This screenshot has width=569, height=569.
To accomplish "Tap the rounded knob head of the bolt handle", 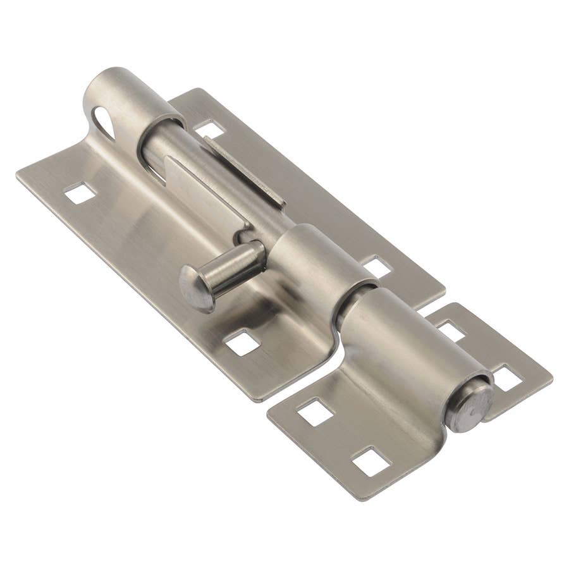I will pyautogui.click(x=195, y=288).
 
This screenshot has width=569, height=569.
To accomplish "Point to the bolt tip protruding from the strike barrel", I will pyautogui.click(x=469, y=407).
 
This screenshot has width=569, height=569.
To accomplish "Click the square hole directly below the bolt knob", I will pyautogui.click(x=243, y=342).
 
